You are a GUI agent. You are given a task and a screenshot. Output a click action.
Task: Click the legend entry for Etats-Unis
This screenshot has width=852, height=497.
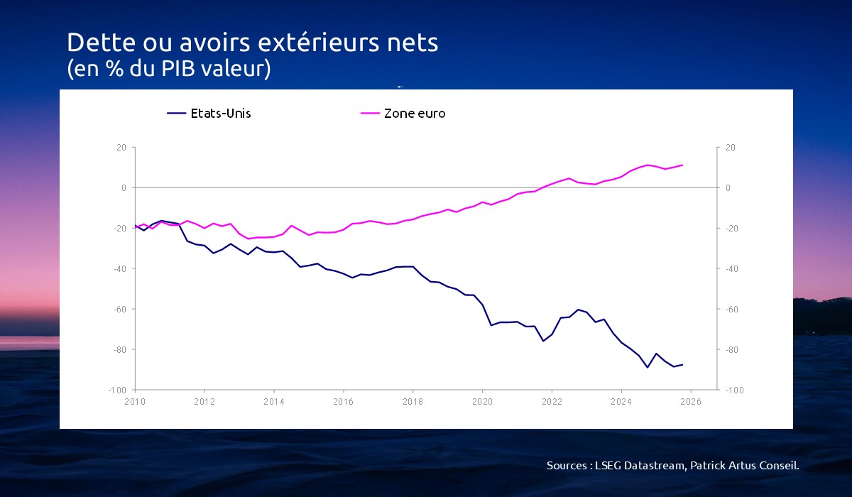[x=209, y=114]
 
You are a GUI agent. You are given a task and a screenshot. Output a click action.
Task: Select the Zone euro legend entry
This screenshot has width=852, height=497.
[x=403, y=114]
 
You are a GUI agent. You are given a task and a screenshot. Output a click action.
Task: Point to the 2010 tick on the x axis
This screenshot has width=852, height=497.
[x=135, y=402]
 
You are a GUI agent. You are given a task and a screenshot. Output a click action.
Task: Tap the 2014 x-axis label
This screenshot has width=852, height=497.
[x=274, y=402]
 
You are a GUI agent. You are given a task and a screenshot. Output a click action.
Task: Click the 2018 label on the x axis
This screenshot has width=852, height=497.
[x=413, y=402]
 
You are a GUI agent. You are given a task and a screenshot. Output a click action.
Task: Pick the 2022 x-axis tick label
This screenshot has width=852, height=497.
[x=552, y=402]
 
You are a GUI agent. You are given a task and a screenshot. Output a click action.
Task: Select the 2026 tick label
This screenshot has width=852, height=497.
[x=691, y=402]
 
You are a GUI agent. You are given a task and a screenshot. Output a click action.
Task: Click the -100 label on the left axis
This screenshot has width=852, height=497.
[x=117, y=390]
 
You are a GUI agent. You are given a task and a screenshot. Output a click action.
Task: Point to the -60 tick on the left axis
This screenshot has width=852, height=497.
[x=120, y=309]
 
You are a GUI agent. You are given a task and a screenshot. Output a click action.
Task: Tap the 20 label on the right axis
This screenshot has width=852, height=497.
[x=731, y=148]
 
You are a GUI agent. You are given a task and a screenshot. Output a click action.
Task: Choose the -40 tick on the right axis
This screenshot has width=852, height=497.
[x=732, y=269]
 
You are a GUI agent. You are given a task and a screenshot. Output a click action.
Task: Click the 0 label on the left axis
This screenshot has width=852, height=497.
[x=124, y=188]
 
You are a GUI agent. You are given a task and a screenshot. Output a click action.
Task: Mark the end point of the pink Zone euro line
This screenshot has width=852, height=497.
[x=682, y=165]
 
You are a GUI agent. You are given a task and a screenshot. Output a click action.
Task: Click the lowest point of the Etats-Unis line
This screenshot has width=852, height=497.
[x=648, y=367]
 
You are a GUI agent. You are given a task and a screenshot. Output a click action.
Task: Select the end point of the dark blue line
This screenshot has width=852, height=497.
[x=682, y=365]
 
